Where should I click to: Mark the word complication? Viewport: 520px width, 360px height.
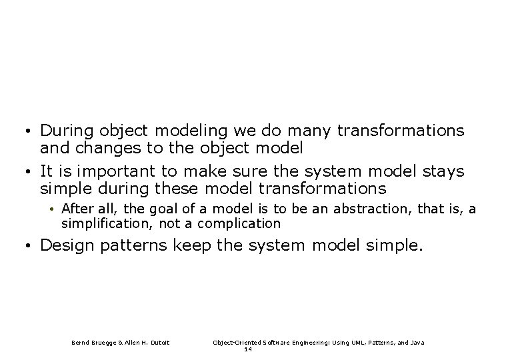click(241, 223)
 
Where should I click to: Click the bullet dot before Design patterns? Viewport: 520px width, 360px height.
click(31, 247)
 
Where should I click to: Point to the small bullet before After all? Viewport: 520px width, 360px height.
click(53, 210)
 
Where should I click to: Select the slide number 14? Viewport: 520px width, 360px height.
click(247, 349)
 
